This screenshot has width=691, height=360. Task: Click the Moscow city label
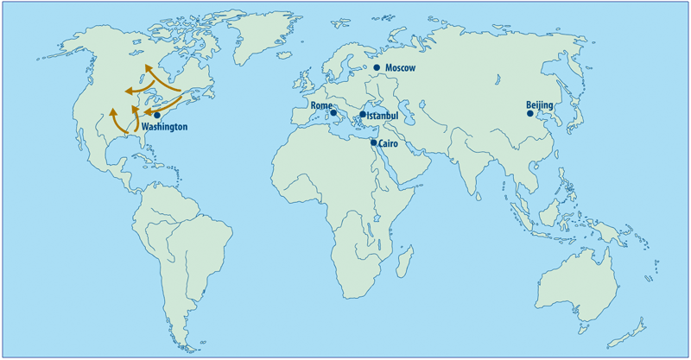click(x=401, y=68)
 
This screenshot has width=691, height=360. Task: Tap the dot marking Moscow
click(x=377, y=67)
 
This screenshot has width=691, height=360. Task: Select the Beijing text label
click(x=540, y=107)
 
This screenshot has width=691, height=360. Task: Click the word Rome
click(x=321, y=106)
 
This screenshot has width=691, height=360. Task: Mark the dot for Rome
click(x=333, y=113)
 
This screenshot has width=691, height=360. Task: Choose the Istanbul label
click(x=383, y=115)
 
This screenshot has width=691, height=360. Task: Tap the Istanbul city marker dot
click(x=363, y=114)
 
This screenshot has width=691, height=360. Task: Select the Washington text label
click(x=164, y=127)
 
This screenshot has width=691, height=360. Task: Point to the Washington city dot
click(x=156, y=116)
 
